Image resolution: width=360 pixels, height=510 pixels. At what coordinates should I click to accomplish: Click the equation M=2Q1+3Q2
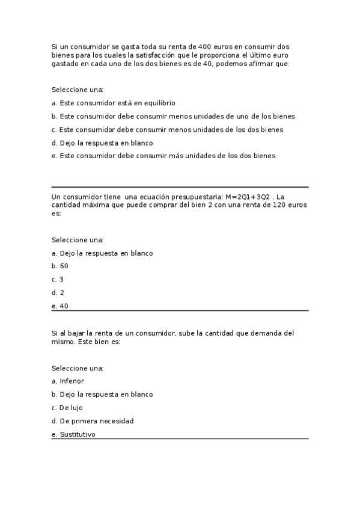point(245,196)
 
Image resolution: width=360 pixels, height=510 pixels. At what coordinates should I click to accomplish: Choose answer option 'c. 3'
point(58,280)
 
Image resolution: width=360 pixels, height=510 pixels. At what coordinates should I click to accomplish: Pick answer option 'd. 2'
point(58,293)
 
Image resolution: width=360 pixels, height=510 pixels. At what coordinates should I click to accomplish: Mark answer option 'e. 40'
point(60,306)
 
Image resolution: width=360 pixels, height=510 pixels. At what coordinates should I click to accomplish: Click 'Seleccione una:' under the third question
point(78,368)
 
